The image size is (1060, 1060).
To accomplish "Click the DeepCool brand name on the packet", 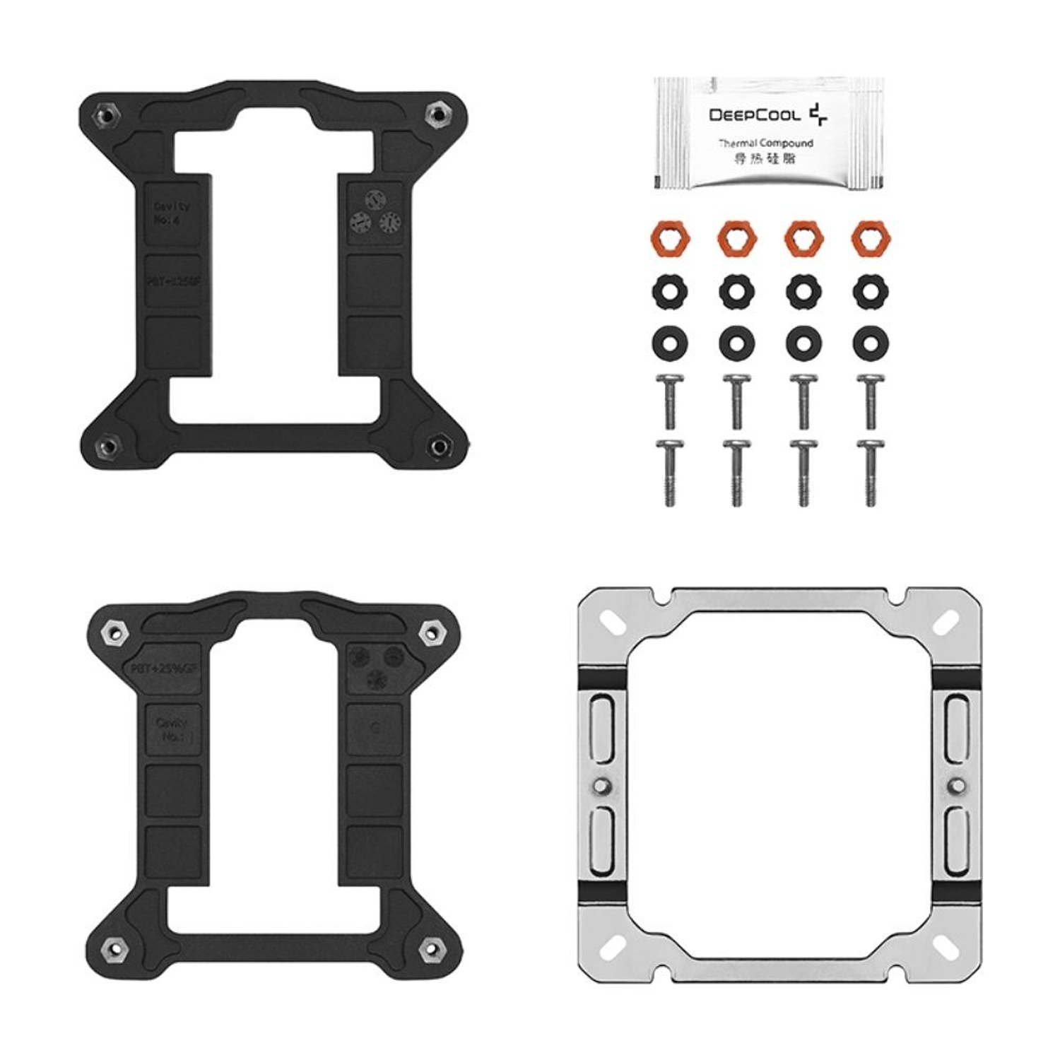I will click(x=755, y=114).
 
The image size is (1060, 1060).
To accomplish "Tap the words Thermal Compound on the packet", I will click(x=766, y=143).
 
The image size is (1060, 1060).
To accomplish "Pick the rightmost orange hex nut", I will click(x=871, y=238).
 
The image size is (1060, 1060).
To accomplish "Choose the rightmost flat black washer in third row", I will click(x=871, y=344).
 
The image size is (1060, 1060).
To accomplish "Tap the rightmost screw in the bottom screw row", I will click(x=871, y=472).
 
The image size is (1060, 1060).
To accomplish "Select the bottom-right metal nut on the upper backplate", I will click(x=440, y=446).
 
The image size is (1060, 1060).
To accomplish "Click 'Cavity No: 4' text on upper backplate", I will click(x=172, y=213).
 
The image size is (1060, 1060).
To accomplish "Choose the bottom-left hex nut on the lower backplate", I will click(x=111, y=948).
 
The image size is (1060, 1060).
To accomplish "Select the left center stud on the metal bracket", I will click(x=600, y=785).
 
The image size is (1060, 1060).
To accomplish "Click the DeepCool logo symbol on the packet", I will click(x=818, y=114).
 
